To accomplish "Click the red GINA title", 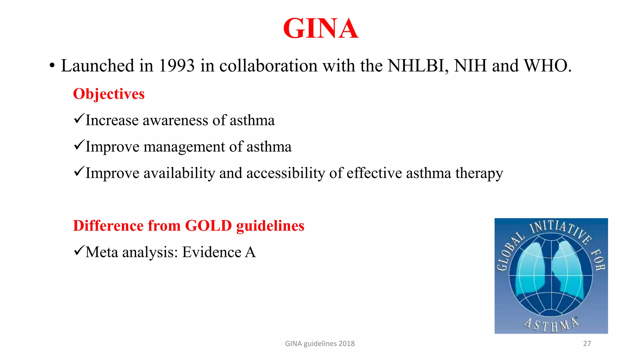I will click(x=321, y=28).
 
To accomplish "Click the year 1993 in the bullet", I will click(x=177, y=66).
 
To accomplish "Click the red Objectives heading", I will click(x=109, y=94).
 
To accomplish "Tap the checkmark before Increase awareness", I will click(x=79, y=119).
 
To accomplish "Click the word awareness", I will click(x=175, y=121).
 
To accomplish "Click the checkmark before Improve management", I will click(x=79, y=145).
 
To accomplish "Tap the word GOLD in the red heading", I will click(x=208, y=226).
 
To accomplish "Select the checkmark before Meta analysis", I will click(x=79, y=251).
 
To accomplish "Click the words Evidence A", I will click(x=219, y=252).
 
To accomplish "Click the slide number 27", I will click(x=587, y=344).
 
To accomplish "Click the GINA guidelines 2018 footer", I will click(x=320, y=344).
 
